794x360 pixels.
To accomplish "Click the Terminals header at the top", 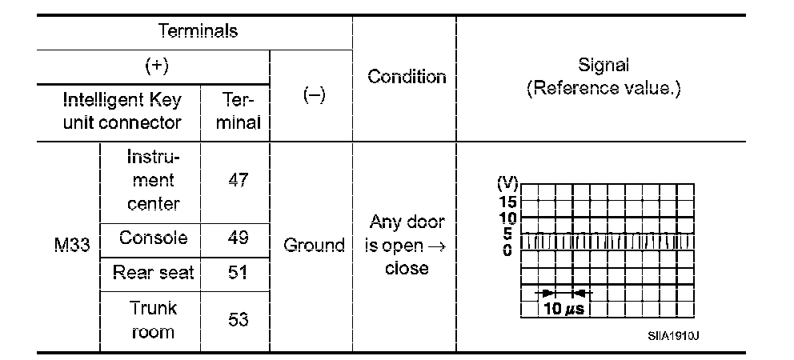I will point(198,31).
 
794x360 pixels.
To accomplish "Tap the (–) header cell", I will point(313,94).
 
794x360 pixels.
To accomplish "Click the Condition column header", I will point(407,77).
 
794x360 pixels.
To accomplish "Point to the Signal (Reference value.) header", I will point(604,77).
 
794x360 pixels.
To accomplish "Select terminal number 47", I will point(238,180).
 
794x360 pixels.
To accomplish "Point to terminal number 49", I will point(238,238).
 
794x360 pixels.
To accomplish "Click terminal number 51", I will point(238,273).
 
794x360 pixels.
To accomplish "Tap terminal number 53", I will point(238,319).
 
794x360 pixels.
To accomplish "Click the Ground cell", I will point(314,245).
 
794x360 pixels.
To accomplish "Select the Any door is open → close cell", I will point(406,245).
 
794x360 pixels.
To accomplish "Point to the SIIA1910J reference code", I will point(673,335).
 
